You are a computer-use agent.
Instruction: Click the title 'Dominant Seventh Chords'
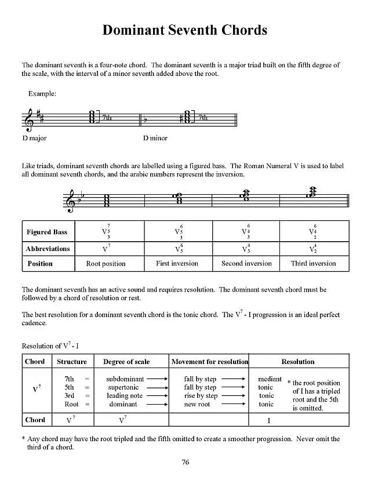[185, 30]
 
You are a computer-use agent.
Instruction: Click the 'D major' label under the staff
[34, 139]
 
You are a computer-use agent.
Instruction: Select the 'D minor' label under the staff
[155, 139]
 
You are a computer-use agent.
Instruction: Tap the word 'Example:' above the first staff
[42, 93]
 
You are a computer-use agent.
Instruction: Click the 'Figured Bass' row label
[47, 232]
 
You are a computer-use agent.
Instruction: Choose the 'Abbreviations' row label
[48, 249]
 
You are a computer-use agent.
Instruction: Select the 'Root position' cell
[106, 263]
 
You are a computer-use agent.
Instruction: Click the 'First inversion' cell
[177, 263]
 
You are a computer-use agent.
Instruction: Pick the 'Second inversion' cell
[246, 263]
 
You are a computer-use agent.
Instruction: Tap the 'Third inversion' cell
[314, 263]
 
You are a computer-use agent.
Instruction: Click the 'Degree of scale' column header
[126, 362]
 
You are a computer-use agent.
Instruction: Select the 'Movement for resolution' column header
[210, 362]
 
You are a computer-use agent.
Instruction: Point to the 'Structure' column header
[72, 362]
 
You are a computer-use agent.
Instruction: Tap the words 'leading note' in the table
[125, 396]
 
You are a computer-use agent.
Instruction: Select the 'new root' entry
[197, 404]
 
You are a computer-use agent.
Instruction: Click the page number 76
[185, 462]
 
